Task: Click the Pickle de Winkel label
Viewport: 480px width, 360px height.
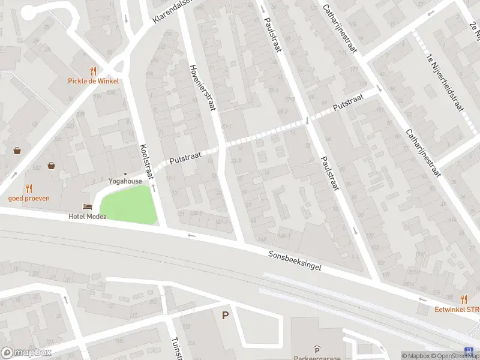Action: click(93, 81)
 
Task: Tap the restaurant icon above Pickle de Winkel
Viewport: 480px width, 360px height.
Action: click(93, 71)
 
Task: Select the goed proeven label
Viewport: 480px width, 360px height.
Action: click(29, 198)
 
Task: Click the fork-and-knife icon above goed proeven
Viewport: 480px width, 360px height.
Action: click(29, 188)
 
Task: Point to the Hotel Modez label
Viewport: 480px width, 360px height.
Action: click(87, 217)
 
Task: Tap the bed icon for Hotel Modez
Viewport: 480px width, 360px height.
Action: click(88, 207)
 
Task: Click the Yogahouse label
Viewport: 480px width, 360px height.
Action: click(125, 181)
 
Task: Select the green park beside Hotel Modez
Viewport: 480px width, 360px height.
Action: click(128, 204)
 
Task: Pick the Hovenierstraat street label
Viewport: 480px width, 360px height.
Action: click(202, 87)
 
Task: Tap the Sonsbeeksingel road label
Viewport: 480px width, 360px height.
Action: click(295, 261)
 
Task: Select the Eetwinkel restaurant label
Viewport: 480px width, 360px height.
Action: click(458, 310)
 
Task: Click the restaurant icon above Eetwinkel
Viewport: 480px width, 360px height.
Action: click(464, 299)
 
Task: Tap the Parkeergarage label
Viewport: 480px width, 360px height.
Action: click(316, 358)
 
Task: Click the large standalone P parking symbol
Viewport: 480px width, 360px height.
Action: click(226, 315)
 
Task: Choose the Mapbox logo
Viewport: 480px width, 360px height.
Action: click(26, 353)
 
